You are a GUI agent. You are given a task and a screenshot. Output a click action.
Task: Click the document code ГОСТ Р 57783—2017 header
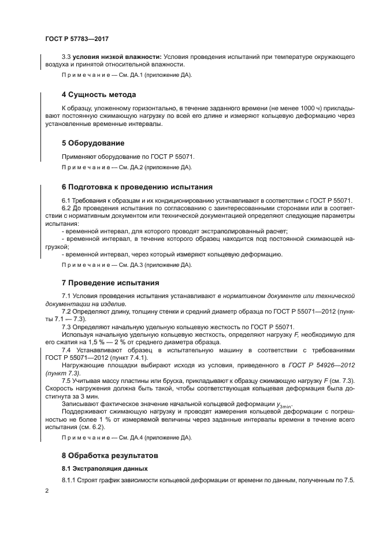coord(77,39)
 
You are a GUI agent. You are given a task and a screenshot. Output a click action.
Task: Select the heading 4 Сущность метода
coord(99,95)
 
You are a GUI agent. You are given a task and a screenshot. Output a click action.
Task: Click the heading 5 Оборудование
coord(93,143)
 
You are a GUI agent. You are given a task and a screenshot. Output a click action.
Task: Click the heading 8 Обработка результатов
coord(112,455)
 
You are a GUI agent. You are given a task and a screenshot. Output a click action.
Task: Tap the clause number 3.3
coord(66,58)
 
